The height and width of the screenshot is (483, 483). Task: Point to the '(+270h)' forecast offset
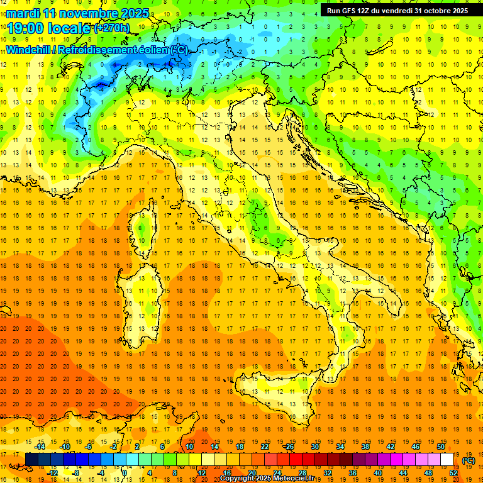point(112,28)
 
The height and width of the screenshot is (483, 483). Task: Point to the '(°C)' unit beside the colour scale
point(468,460)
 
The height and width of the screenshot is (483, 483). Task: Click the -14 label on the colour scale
point(40,446)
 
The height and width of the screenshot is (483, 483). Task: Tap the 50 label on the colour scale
point(440,446)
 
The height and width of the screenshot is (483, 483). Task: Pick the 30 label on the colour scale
point(314,446)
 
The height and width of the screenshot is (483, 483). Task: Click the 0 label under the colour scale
point(125,473)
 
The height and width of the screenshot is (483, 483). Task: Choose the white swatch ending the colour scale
point(447,460)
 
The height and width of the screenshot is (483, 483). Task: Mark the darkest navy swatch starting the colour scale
point(31,460)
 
